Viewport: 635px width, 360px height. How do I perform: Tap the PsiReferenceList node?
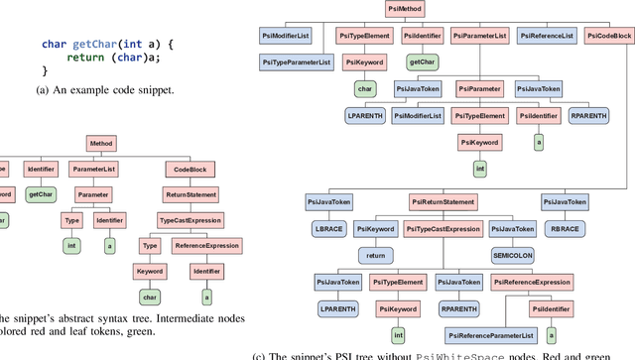pos(545,35)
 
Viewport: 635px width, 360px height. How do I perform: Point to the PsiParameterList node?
pos(479,35)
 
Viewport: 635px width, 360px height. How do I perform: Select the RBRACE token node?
pos(568,227)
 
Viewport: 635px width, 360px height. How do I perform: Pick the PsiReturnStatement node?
pos(444,201)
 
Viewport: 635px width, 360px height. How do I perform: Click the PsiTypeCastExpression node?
pos(444,228)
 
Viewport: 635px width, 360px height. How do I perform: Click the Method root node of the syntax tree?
pos(102,144)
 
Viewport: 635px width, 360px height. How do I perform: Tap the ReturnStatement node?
pos(190,195)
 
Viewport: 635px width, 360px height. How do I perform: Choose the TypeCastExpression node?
pos(190,220)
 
